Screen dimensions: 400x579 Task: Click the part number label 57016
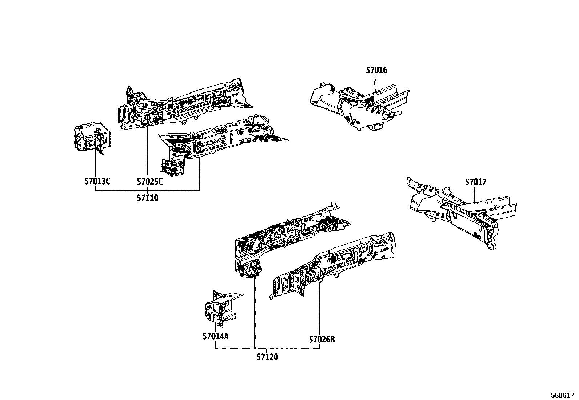376,70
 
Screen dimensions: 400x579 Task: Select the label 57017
475,182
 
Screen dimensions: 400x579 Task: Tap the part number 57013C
97,181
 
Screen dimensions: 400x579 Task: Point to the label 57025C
149,181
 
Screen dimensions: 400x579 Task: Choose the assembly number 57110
148,198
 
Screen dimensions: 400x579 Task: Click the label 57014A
216,336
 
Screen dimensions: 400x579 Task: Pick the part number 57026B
322,340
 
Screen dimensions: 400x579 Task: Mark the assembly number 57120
267,357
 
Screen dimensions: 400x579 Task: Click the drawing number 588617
563,395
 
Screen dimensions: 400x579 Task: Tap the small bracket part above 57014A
221,308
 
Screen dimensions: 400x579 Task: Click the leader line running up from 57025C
147,153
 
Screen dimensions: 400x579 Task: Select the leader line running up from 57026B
319,309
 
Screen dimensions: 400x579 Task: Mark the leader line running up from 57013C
95,164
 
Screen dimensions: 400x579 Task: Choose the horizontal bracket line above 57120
267,349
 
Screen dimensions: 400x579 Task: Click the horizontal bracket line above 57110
147,190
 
